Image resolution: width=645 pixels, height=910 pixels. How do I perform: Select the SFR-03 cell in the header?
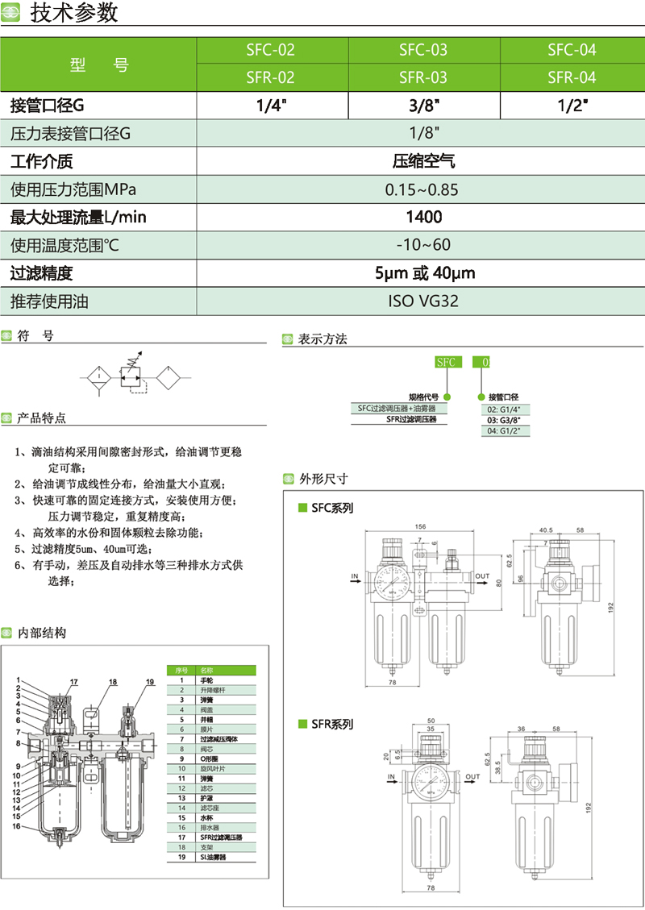[x=422, y=77]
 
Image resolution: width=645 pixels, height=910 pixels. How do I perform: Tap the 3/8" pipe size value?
[x=422, y=105]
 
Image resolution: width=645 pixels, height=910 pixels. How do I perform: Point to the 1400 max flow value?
[x=424, y=217]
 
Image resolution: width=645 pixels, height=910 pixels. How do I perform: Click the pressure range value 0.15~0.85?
[x=422, y=190]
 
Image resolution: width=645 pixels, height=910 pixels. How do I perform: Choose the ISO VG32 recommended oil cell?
[x=424, y=301]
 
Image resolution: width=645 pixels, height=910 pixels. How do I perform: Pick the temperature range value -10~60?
[x=423, y=244]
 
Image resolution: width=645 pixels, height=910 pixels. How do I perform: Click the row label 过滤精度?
[x=42, y=273]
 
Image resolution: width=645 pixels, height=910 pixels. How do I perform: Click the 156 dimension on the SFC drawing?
[x=420, y=526]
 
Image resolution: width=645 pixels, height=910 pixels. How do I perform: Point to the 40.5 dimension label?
[x=546, y=530]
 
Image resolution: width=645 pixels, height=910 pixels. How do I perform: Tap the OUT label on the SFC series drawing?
[x=482, y=576]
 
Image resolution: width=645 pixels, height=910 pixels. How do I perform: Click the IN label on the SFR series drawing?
[x=391, y=777]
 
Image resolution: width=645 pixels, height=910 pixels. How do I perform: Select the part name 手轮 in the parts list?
[x=207, y=681]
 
